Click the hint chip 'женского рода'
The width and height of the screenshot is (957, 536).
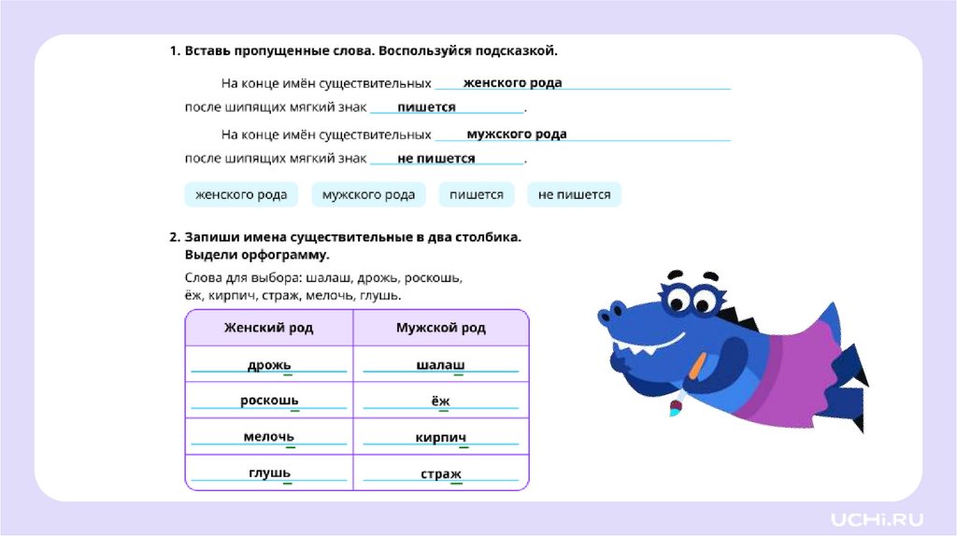click(241, 194)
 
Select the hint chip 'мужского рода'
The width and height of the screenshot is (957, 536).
click(368, 194)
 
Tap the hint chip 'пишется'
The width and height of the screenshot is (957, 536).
click(477, 194)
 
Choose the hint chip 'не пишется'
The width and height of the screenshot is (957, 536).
click(574, 194)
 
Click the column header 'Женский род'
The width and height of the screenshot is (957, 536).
click(268, 328)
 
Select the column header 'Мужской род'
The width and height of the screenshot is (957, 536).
click(441, 328)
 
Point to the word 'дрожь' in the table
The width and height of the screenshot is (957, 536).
click(269, 364)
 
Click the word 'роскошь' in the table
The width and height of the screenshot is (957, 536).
click(269, 401)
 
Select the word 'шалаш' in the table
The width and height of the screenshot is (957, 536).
click(440, 364)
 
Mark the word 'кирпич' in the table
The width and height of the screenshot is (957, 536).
click(440, 437)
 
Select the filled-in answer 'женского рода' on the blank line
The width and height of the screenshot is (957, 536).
click(512, 82)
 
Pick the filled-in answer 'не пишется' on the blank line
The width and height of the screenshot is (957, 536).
click(436, 159)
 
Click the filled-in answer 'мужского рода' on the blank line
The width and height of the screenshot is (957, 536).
click(516, 134)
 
